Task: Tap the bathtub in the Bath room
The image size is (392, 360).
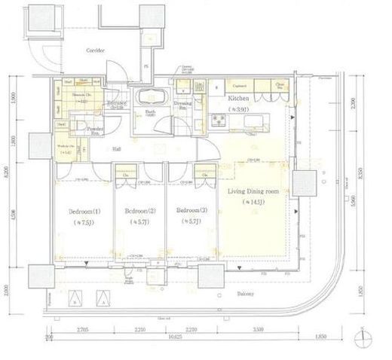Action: point(147,99)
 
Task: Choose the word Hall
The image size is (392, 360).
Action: point(118,149)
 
